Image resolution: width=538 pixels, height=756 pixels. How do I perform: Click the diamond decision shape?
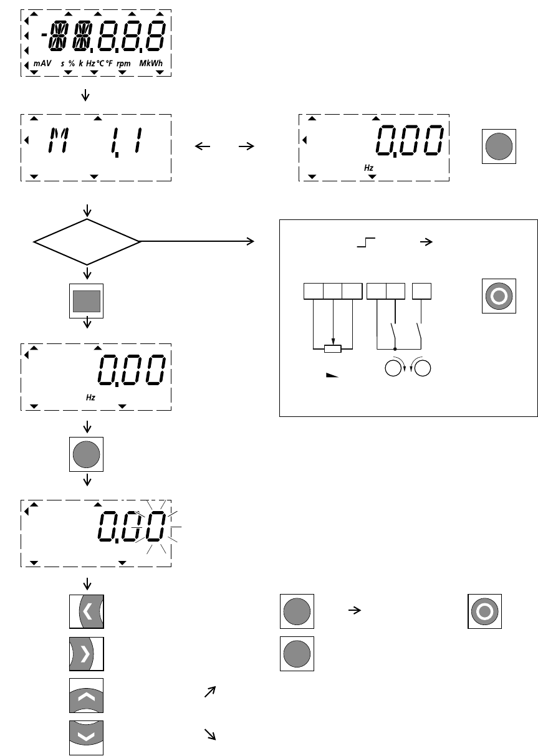[x=87, y=241]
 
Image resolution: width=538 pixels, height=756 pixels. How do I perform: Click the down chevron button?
[x=87, y=737]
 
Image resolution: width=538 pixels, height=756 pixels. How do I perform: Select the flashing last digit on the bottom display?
[x=156, y=527]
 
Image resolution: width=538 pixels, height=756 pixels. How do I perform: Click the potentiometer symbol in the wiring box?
[x=334, y=348]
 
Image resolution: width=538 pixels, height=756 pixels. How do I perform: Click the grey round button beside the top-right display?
[x=499, y=146]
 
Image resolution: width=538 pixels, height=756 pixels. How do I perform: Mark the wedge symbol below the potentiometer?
[x=334, y=376]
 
